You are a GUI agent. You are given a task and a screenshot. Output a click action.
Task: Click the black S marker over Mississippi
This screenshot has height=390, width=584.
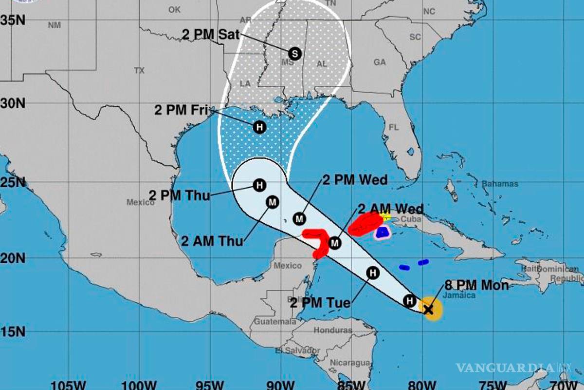point(294,53)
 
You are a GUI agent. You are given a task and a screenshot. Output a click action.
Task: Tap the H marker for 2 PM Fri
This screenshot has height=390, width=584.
point(260,127)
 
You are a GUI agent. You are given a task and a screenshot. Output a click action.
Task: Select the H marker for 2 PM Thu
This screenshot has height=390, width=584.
point(260,185)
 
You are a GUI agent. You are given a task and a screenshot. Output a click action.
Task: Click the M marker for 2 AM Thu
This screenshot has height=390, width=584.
point(272,202)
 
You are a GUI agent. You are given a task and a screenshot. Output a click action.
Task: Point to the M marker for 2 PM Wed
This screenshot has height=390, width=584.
point(299,219)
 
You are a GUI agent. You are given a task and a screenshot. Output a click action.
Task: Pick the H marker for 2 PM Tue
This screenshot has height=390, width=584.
point(373,273)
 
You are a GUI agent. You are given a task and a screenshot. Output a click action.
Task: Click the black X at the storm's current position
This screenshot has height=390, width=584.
point(428,309)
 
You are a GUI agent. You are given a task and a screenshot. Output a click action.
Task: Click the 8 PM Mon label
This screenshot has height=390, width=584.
point(476,286)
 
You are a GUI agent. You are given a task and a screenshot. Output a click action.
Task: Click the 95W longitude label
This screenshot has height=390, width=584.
point(212,384)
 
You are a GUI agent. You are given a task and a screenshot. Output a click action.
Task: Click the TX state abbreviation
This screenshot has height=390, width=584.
point(139,71)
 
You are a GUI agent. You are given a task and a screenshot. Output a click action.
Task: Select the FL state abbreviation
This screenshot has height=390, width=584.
point(393,127)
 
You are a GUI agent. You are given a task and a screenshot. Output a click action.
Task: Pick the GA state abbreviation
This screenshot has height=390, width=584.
point(380,62)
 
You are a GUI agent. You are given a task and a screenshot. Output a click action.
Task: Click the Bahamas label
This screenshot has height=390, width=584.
point(500,184)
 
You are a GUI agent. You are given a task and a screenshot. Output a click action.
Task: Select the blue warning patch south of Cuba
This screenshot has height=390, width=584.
point(383,232)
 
